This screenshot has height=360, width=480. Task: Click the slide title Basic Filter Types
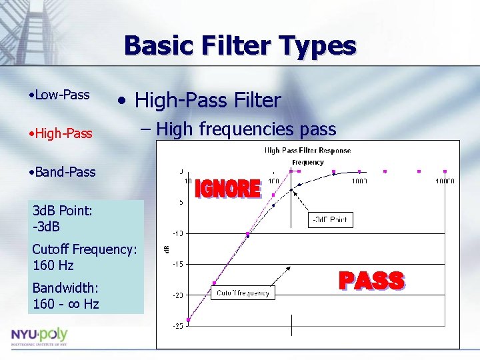pyautogui.click(x=240, y=46)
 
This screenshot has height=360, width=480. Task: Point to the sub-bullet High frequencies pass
pyautogui.click(x=246, y=129)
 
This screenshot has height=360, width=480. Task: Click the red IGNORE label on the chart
pyautogui.click(x=227, y=189)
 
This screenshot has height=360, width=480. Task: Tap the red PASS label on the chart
pyautogui.click(x=371, y=281)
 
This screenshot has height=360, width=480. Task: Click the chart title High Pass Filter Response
pyautogui.click(x=307, y=150)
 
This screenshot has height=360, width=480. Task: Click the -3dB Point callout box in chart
pyautogui.click(x=329, y=219)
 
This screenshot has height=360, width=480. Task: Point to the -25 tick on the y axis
pyautogui.click(x=179, y=325)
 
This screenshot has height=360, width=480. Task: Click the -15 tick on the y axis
pyautogui.click(x=179, y=264)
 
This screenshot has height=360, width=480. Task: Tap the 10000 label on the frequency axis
pyautogui.click(x=444, y=181)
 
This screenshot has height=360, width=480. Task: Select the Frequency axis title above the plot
pyautogui.click(x=307, y=162)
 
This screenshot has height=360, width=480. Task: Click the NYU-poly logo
pyautogui.click(x=39, y=335)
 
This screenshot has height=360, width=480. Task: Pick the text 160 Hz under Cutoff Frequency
pyautogui.click(x=53, y=265)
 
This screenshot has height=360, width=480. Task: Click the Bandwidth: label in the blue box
pyautogui.click(x=65, y=288)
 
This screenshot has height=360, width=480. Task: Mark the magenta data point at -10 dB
pyautogui.click(x=247, y=234)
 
